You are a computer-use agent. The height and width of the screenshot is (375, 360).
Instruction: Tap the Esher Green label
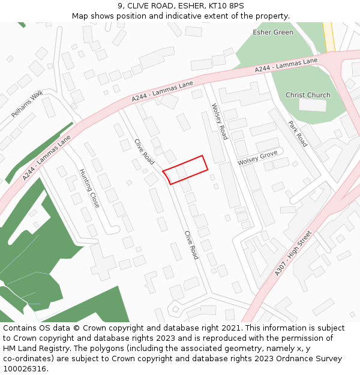pyautogui.click(x=273, y=32)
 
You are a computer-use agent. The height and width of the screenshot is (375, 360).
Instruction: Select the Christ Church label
pyautogui.click(x=308, y=95)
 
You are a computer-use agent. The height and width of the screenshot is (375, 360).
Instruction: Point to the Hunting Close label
pyautogui.click(x=89, y=188)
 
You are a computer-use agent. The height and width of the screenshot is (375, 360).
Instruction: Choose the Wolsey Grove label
pyautogui.click(x=257, y=158)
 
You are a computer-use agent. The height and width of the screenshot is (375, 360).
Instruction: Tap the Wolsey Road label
pyautogui.click(x=220, y=121)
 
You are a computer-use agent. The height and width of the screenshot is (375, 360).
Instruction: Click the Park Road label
pyautogui.click(x=298, y=134)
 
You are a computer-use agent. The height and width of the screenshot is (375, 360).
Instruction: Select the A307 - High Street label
pyautogui.click(x=293, y=253)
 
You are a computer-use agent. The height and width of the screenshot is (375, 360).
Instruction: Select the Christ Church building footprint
pyautogui.click(x=313, y=105)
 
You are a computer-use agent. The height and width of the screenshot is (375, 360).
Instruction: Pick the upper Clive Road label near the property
pyautogui.click(x=144, y=152)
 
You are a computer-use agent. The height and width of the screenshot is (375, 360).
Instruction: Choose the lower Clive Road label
pyautogui.click(x=191, y=245)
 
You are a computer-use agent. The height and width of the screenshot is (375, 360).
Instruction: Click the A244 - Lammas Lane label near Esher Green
pyautogui.click(x=286, y=65)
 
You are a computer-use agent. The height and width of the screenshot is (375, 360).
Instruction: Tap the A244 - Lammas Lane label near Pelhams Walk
pyautogui.click(x=47, y=157)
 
